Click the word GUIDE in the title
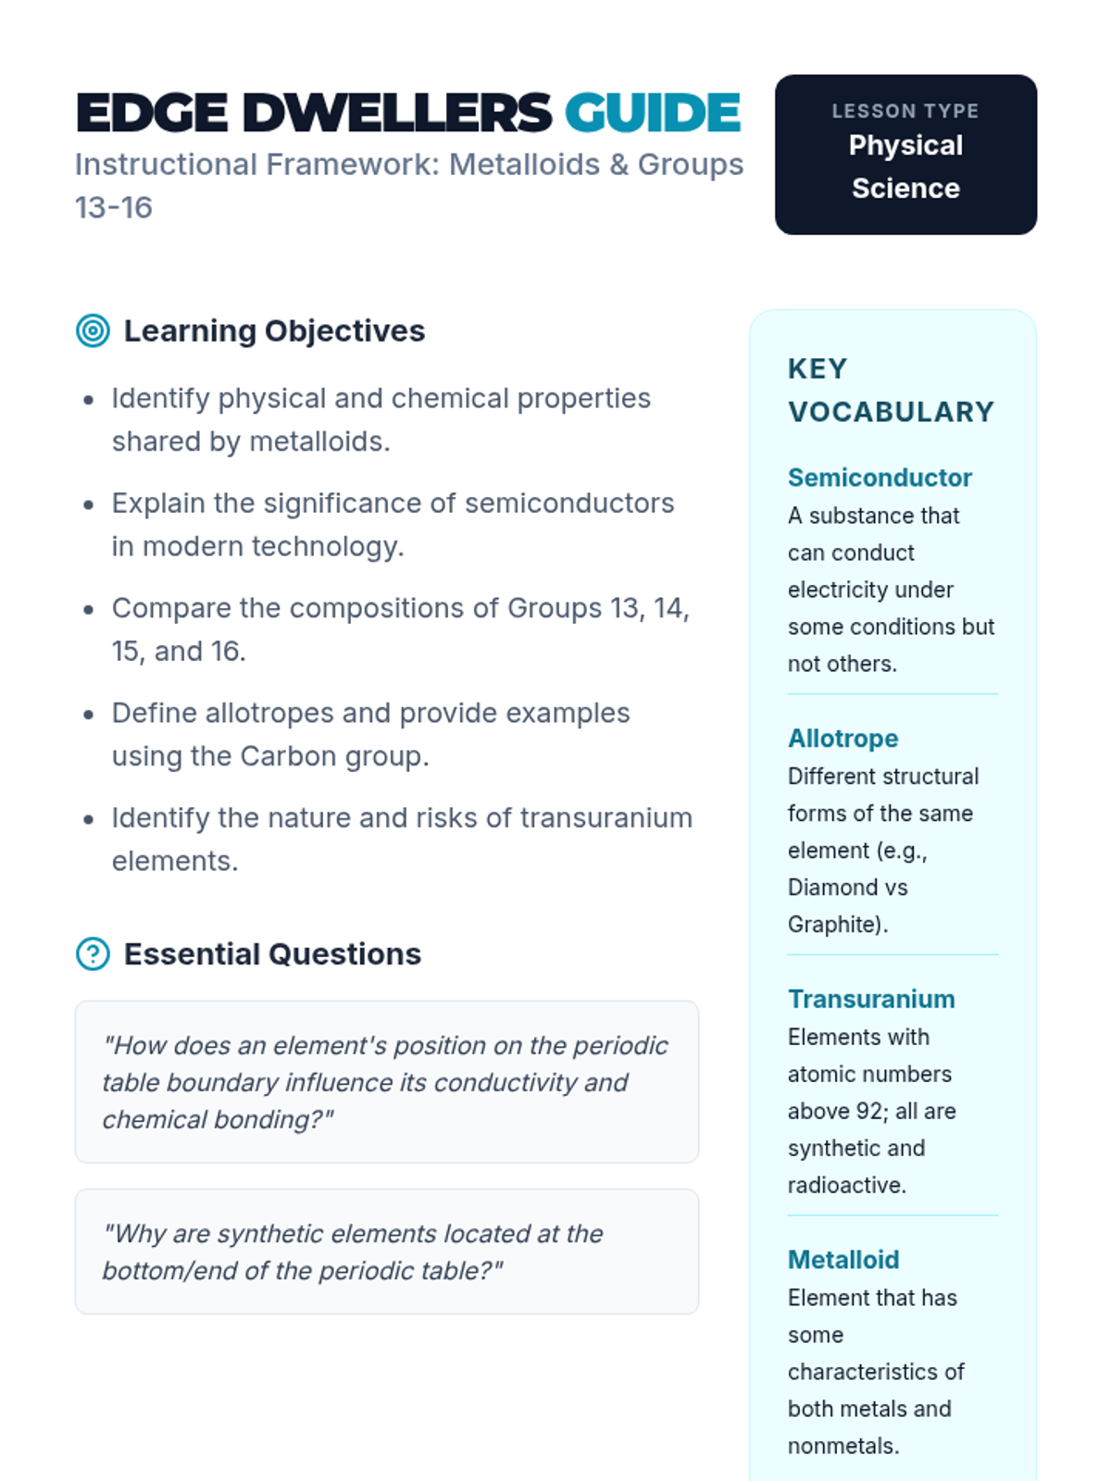pos(653,113)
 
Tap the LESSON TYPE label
pos(905,111)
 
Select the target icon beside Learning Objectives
pos(93,330)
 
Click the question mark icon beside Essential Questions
pos(93,953)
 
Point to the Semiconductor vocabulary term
pos(880,478)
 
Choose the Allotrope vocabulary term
pos(843,739)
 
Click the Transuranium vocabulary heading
pos(871,1000)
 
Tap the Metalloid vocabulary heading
pos(843,1260)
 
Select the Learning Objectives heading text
pos(274,330)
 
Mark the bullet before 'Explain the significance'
pos(88,505)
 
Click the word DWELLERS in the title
pos(397,113)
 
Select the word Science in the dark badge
pos(905,188)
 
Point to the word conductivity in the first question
pos(506,1082)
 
